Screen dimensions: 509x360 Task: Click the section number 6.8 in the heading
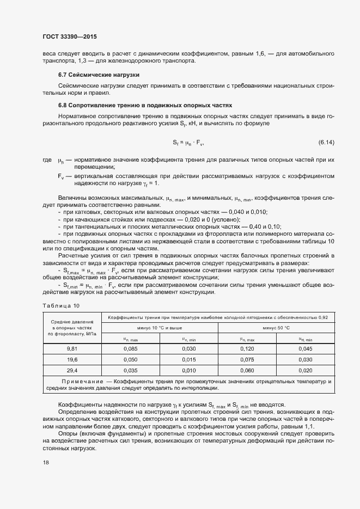tap(63, 105)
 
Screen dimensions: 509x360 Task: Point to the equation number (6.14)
tap(326, 143)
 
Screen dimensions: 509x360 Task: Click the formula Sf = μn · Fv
tap(188, 143)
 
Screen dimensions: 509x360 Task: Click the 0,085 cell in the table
tap(130, 348)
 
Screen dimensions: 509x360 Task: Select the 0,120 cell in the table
tap(247, 348)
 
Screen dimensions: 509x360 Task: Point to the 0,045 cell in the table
tap(305, 348)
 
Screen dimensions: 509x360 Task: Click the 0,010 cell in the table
tap(188, 370)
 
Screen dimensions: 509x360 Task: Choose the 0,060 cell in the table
tap(247, 370)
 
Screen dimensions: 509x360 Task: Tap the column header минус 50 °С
tap(276, 328)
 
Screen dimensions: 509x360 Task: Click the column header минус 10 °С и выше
tap(160, 328)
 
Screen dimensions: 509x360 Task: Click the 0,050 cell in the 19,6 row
tap(130, 359)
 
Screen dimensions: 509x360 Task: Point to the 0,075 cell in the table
tap(247, 359)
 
